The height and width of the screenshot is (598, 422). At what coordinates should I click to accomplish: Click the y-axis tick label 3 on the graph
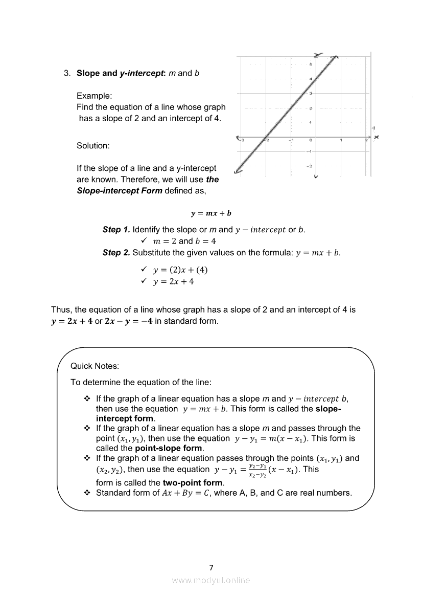(312, 93)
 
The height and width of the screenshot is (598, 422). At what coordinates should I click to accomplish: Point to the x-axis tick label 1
(341, 140)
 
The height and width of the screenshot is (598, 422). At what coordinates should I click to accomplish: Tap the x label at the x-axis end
(376, 137)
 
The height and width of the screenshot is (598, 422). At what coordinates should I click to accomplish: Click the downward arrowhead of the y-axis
(316, 176)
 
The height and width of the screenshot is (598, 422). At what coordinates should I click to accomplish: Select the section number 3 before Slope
(66, 73)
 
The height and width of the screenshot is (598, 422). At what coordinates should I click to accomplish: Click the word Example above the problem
(95, 96)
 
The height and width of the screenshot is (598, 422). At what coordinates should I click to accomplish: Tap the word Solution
(93, 146)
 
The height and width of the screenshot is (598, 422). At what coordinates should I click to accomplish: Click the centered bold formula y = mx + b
(211, 213)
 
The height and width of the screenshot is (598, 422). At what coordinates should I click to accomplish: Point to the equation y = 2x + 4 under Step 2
(174, 281)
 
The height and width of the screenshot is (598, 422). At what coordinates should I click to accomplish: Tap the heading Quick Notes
(95, 366)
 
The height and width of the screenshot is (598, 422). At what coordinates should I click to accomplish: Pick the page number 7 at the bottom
(211, 567)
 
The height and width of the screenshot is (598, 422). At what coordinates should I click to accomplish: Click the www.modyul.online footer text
(211, 580)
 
